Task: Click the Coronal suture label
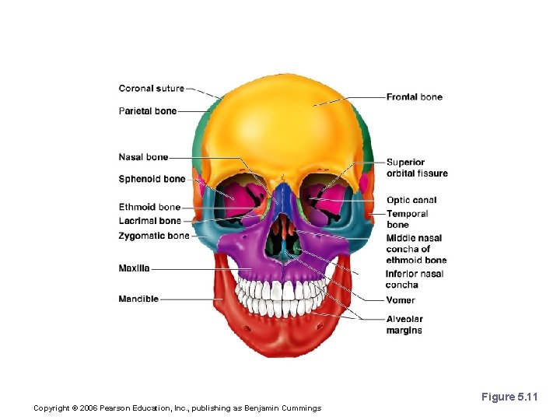click(151, 89)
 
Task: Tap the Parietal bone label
click(147, 111)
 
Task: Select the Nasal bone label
click(143, 158)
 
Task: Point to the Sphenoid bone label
click(152, 179)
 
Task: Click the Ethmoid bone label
click(149, 208)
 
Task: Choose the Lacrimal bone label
click(149, 221)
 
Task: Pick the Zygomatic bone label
click(153, 236)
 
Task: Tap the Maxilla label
click(134, 269)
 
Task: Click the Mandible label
click(138, 299)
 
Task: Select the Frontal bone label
click(414, 97)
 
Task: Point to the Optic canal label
click(411, 201)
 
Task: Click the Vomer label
click(401, 300)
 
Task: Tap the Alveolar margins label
click(404, 325)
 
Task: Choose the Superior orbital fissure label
click(416, 168)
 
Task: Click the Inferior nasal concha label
click(415, 279)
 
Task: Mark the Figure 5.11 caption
click(509, 397)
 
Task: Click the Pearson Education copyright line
click(177, 408)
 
